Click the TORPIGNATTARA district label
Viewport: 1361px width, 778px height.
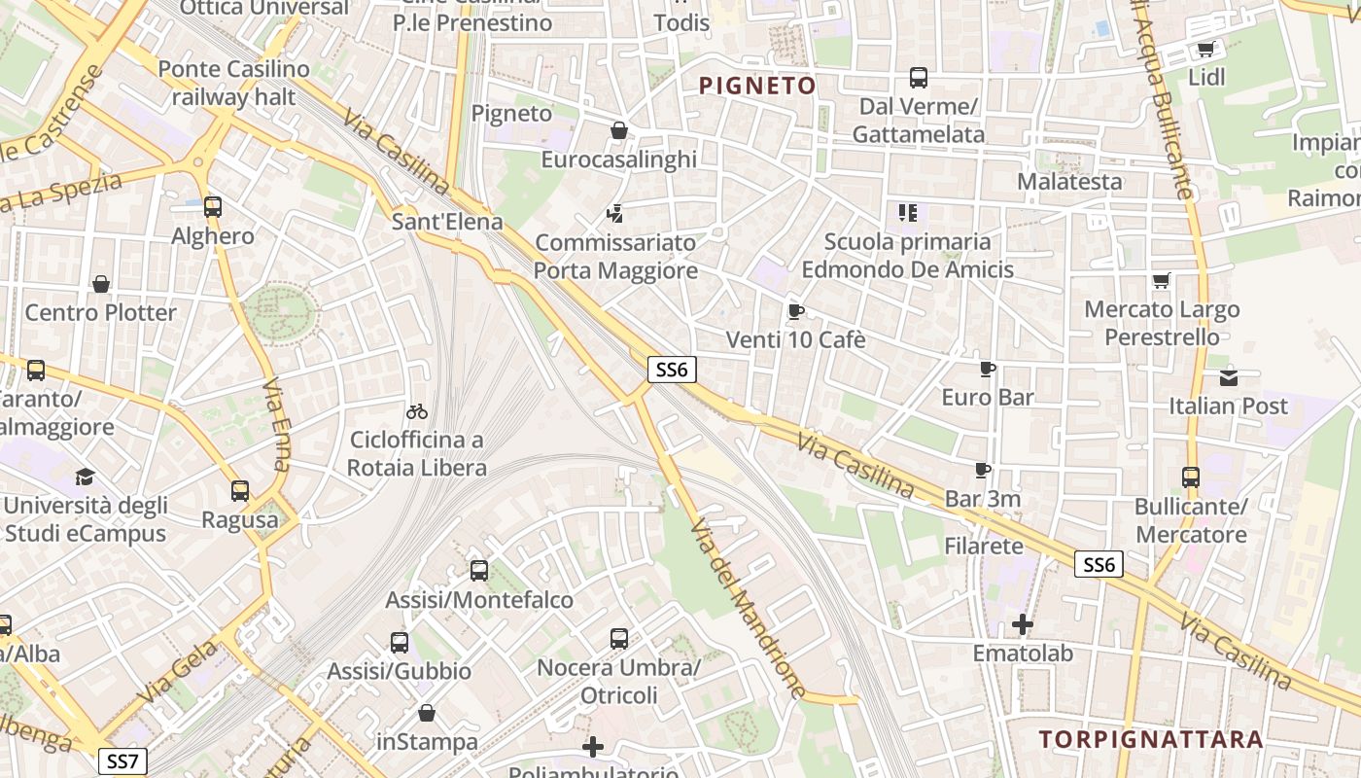coord(1152,739)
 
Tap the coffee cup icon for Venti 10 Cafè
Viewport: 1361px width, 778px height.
coord(796,312)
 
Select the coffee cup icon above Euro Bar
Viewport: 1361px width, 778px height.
coord(988,370)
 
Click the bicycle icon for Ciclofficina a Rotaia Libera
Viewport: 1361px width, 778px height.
coord(417,411)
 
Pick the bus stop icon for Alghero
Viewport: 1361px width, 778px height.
coord(213,207)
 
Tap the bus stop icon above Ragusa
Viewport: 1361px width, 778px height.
coord(240,491)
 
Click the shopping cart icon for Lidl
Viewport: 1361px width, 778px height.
coord(1206,49)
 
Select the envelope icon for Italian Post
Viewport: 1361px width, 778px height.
coord(1229,377)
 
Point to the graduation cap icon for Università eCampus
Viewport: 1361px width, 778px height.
coord(86,477)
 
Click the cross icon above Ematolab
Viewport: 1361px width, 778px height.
coord(1023,624)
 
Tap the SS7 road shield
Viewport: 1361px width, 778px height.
coord(122,761)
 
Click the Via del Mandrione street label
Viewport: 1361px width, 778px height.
coord(748,608)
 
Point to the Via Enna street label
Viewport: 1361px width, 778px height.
coord(276,424)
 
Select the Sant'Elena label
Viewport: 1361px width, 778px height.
coord(447,222)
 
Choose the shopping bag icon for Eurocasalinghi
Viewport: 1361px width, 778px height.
coord(619,130)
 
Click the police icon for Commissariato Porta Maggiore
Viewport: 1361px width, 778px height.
coord(614,213)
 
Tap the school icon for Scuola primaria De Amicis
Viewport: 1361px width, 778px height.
coord(908,212)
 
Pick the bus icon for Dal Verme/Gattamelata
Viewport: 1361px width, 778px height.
coord(918,78)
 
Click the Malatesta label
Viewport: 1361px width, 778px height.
coord(1069,182)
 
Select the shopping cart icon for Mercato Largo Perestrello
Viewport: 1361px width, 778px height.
coord(1161,281)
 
